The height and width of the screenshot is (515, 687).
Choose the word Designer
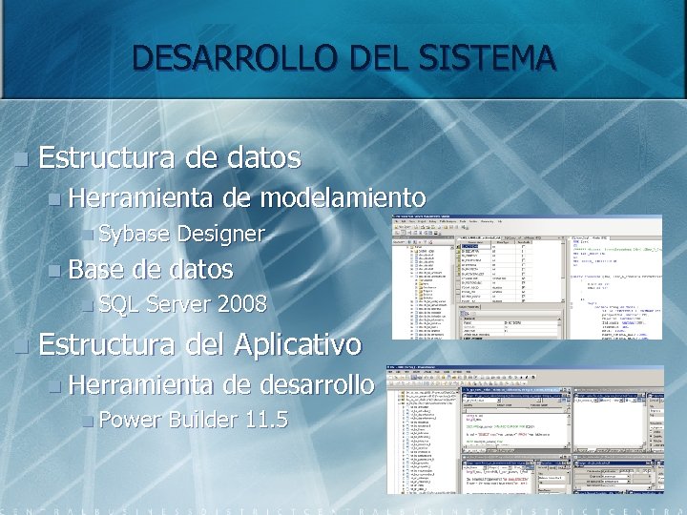220,234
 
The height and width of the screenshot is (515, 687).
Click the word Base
98,270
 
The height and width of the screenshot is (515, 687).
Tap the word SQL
118,305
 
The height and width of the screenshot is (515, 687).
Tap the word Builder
204,420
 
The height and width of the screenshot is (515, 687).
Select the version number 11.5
266,420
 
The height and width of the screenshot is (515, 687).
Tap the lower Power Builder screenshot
526,429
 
